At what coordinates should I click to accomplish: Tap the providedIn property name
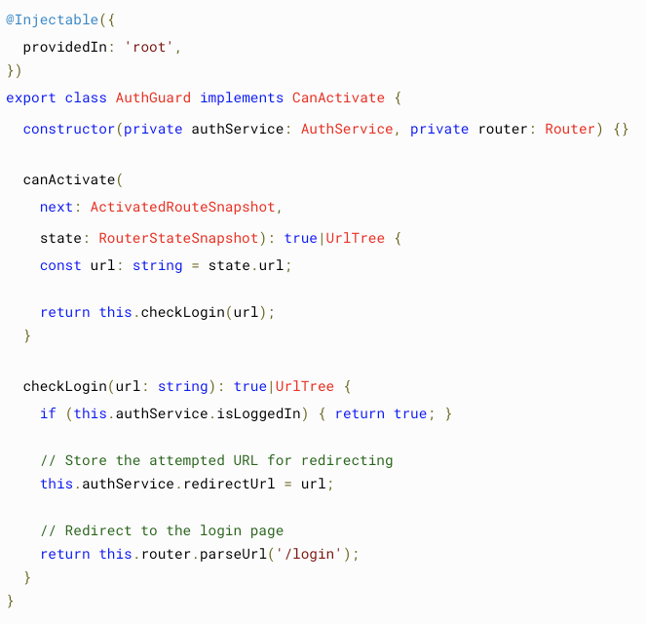click(x=64, y=47)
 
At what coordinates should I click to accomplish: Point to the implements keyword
click(x=242, y=97)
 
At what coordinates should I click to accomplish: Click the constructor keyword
click(x=68, y=129)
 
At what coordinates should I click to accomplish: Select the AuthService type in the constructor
click(x=347, y=129)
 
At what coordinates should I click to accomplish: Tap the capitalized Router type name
click(x=570, y=129)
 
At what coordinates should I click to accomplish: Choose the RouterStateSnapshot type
click(x=178, y=238)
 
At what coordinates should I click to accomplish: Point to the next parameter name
click(x=57, y=207)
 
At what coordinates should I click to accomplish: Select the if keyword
click(x=48, y=413)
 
